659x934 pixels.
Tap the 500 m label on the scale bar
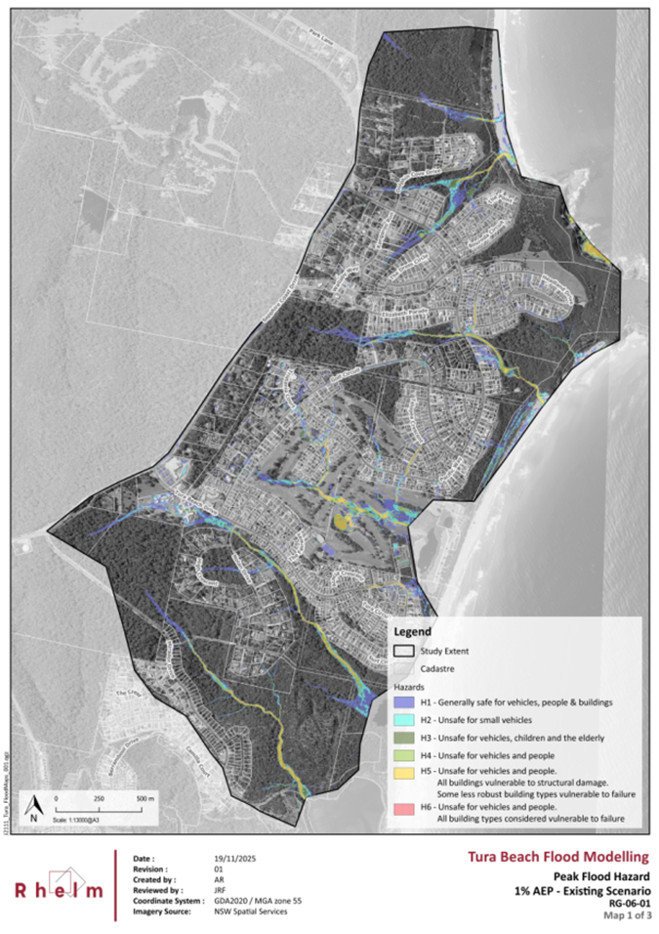[x=144, y=798]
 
